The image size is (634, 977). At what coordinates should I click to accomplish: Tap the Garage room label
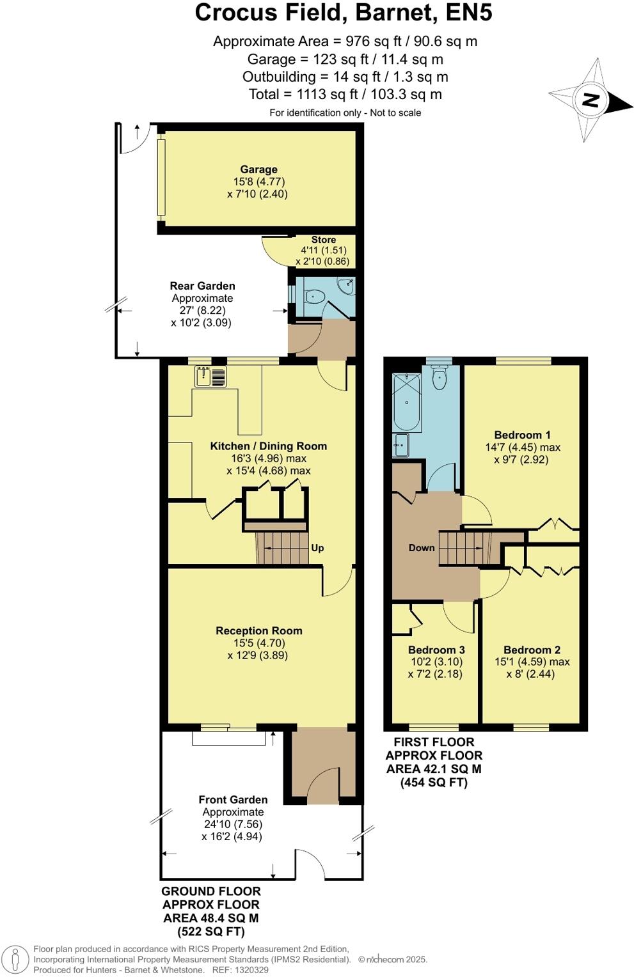[x=258, y=169]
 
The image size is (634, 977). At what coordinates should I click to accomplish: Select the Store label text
[x=323, y=240]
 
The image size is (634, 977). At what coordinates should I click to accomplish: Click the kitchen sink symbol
[x=210, y=376]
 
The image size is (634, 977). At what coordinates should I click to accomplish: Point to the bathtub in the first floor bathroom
[x=406, y=403]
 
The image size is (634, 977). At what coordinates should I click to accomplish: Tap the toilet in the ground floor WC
[x=313, y=296]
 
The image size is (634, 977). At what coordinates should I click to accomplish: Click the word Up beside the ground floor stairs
[x=317, y=548]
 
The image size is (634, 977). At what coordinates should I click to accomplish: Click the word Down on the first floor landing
[x=422, y=548]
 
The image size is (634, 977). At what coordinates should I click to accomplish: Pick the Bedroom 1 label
[x=522, y=435]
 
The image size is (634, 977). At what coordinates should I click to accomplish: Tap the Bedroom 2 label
[x=532, y=650]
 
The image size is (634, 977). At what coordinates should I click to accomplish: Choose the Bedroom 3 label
[x=436, y=650]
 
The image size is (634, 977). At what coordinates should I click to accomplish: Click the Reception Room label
[x=258, y=630]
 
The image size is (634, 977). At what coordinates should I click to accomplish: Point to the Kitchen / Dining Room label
[x=268, y=446]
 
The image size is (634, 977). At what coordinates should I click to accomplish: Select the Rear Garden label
[x=202, y=286]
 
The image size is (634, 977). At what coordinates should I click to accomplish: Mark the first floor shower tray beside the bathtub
[x=401, y=445]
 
